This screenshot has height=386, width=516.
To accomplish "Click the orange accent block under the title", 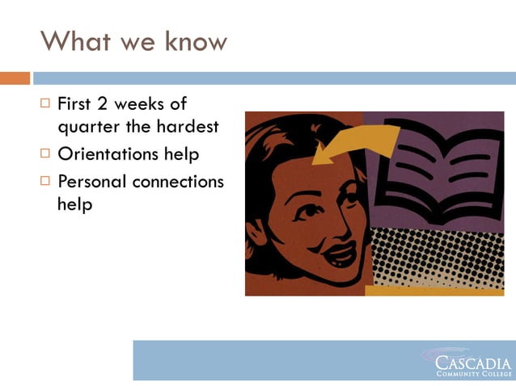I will (x=15, y=78).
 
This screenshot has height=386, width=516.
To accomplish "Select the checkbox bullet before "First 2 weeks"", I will (x=45, y=103).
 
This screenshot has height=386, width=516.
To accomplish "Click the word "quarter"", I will (x=87, y=127).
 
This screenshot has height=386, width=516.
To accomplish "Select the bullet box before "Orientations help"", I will (x=45, y=153).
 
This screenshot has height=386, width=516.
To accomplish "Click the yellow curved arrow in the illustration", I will (x=356, y=145).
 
